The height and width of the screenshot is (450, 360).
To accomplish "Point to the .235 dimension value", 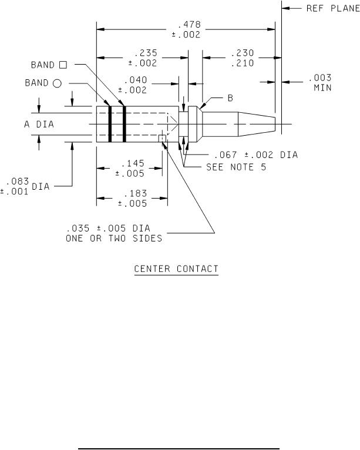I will pyautogui.click(x=142, y=53).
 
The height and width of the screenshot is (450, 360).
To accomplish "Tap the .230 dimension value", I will pyautogui.click(x=241, y=53).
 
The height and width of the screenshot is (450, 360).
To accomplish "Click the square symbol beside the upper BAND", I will pyautogui.click(x=63, y=65).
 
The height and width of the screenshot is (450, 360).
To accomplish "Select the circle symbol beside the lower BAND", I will pyautogui.click(x=57, y=84).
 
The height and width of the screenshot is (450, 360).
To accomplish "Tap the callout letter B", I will pyautogui.click(x=230, y=98).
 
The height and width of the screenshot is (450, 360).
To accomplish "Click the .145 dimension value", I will pyautogui.click(x=129, y=164).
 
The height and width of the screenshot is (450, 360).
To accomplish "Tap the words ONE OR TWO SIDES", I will pyautogui.click(x=114, y=239).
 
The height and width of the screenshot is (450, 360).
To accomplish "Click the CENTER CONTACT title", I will pyautogui.click(x=176, y=269).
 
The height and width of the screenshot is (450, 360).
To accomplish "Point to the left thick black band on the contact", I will pyautogui.click(x=110, y=125).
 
